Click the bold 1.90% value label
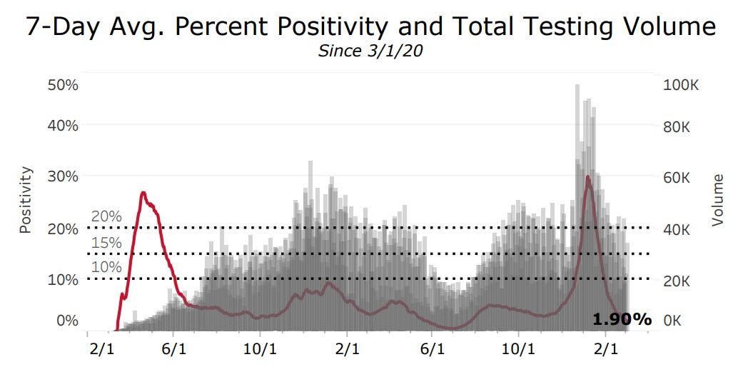[622, 319]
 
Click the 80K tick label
[677, 126]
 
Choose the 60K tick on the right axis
[677, 177]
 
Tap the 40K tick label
[677, 229]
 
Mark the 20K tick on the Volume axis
[677, 280]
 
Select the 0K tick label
[673, 321]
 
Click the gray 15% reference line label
[106, 243]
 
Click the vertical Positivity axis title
[26, 201]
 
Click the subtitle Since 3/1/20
[375, 51]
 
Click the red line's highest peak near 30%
[587, 176]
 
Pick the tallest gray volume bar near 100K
[577, 85]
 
